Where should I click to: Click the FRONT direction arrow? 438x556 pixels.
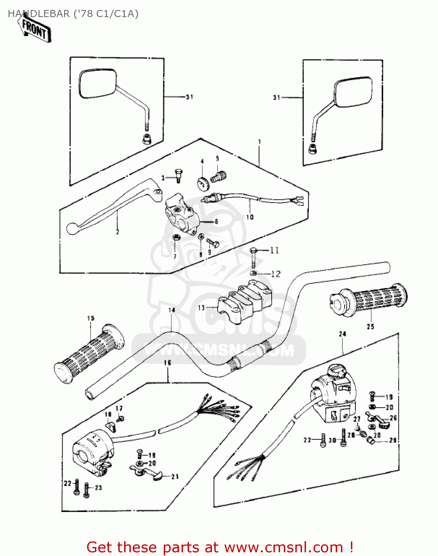(34, 29)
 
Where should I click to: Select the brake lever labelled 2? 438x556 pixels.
(111, 209)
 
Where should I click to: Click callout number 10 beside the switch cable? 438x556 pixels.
(250, 217)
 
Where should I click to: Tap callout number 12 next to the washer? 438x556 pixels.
(276, 274)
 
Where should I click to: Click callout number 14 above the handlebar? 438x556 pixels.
(172, 310)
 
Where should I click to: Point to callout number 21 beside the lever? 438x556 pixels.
(175, 477)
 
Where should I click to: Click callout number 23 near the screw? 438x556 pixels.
(98, 487)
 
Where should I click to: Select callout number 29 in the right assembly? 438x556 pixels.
(392, 440)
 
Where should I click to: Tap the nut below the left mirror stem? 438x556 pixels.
(146, 139)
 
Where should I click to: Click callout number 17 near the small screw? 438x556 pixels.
(119, 408)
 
